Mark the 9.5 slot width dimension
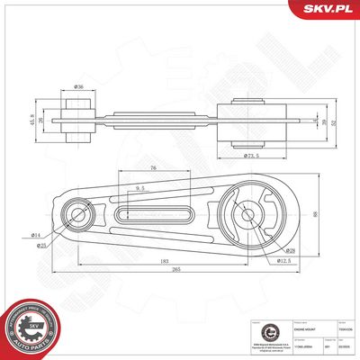pos(141,188)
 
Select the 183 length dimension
pos(165,260)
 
